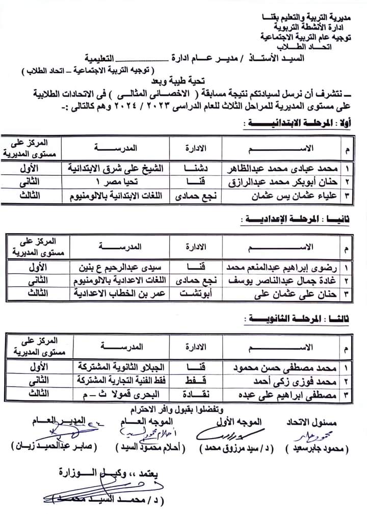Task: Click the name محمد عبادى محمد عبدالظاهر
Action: (280, 168)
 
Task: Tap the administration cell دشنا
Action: (195, 168)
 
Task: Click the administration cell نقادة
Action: (195, 393)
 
